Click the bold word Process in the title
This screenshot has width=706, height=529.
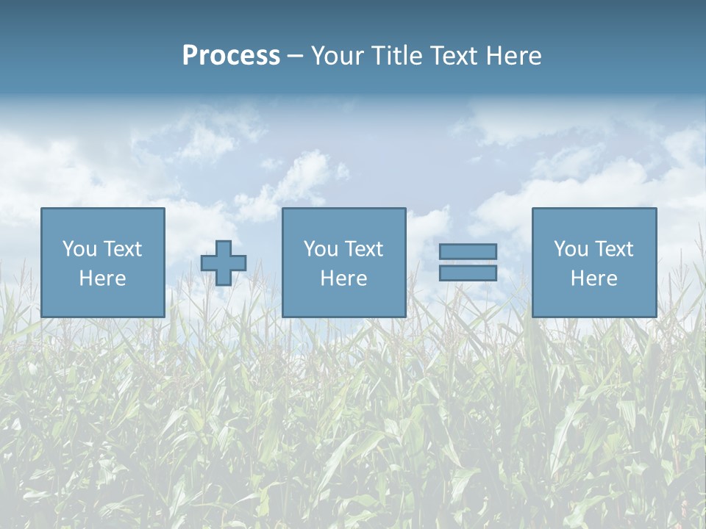click(x=231, y=56)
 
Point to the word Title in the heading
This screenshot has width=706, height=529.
click(x=394, y=56)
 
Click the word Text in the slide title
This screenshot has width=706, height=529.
click(x=454, y=56)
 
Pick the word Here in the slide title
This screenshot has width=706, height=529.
click(x=514, y=56)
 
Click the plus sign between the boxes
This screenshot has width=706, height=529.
click(x=224, y=263)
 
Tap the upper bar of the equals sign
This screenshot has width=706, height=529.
click(x=468, y=251)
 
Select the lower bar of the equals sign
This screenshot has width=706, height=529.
click(x=468, y=273)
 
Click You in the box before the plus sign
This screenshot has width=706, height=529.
click(x=79, y=249)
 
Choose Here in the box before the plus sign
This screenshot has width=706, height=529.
click(x=102, y=278)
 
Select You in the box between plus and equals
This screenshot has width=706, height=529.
click(x=321, y=249)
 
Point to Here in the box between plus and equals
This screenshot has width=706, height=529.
click(x=343, y=278)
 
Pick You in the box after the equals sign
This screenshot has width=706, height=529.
click(x=571, y=249)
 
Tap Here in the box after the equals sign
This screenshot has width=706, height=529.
click(x=593, y=278)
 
